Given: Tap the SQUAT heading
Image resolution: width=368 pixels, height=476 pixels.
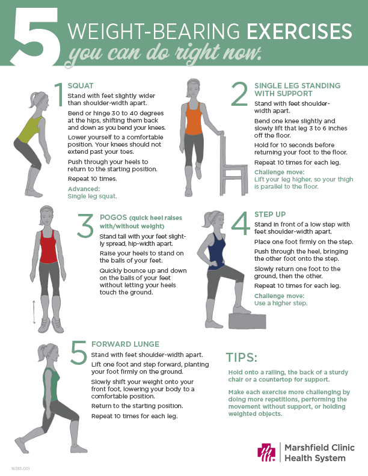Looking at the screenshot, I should (81, 86).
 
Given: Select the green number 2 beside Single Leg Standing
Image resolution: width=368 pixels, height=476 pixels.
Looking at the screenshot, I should (239, 94).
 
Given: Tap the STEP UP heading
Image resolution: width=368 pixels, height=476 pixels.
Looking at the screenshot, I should (271, 215).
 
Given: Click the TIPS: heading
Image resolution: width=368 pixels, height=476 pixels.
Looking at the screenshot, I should (242, 358).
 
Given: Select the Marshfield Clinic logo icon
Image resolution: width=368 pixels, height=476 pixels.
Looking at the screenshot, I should (265, 453).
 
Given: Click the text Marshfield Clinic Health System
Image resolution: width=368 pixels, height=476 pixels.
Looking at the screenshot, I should (319, 453).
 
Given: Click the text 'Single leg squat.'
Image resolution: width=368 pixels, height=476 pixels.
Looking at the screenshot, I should (92, 197).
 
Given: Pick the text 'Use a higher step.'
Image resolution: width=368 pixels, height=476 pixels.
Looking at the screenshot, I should (281, 304).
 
